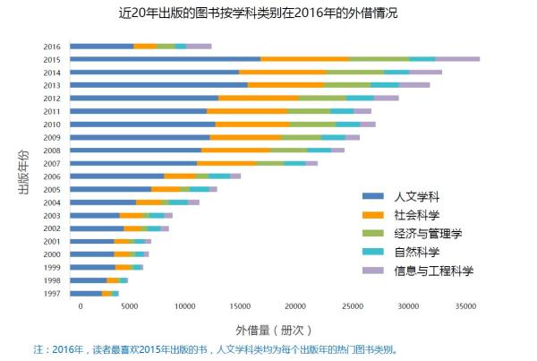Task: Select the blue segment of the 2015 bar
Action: (x=165, y=59)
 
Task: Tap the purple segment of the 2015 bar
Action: (x=457, y=59)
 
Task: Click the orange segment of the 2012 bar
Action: (x=258, y=98)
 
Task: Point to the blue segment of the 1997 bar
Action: (x=86, y=293)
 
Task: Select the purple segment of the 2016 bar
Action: (x=199, y=46)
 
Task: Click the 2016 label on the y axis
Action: (x=52, y=47)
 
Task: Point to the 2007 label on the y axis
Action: (x=52, y=163)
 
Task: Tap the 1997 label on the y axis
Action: (x=52, y=293)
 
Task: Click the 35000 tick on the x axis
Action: (x=464, y=306)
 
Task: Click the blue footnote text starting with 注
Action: (x=215, y=349)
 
